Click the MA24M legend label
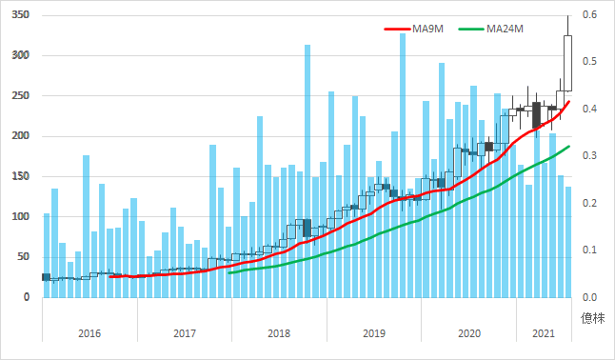(x=506, y=29)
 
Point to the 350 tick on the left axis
(x=19, y=15)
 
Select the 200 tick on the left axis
(x=19, y=136)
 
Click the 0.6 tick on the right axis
(x=590, y=15)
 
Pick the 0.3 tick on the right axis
(x=590, y=156)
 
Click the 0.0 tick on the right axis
(x=590, y=297)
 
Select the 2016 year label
(x=89, y=333)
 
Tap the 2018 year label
(x=279, y=333)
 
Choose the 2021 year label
(x=544, y=333)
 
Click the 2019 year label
(x=374, y=333)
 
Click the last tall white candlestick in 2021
(x=568, y=63)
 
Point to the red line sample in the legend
(x=396, y=29)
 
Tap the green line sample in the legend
(x=470, y=29)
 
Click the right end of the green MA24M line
(x=569, y=147)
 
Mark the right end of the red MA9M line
(x=569, y=101)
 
